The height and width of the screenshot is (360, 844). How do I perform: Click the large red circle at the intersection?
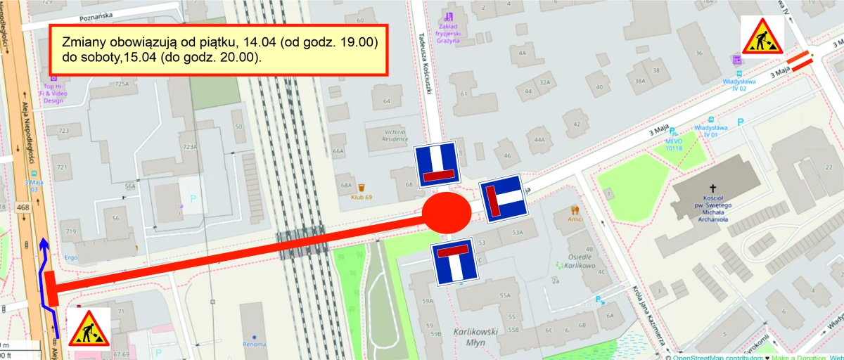click(x=447, y=212)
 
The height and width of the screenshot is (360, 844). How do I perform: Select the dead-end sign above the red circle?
click(x=437, y=165)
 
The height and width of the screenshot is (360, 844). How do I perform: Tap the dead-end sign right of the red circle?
click(x=503, y=199)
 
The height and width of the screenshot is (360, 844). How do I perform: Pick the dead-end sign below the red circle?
click(x=455, y=261)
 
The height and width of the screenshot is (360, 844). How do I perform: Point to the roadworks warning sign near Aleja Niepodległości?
click(x=89, y=328)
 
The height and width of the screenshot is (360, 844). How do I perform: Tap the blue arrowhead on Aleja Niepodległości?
click(x=44, y=244)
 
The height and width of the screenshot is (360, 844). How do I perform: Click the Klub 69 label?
click(x=358, y=197)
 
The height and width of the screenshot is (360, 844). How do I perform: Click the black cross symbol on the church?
click(x=712, y=188)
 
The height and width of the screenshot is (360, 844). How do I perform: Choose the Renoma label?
click(x=255, y=344)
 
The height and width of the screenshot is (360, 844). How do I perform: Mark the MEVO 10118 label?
click(x=674, y=144)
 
